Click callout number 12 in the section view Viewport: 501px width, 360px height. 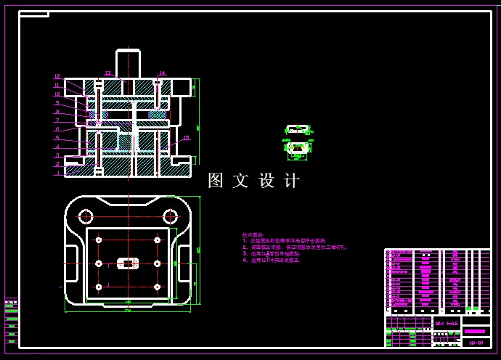(x=57, y=76)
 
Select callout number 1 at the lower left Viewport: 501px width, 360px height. (x=57, y=173)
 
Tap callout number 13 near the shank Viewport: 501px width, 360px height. (x=107, y=73)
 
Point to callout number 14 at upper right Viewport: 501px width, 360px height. (x=161, y=73)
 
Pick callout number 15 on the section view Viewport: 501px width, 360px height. (x=186, y=138)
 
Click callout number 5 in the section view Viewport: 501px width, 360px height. (x=57, y=138)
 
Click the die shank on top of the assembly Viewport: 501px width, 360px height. (x=128, y=62)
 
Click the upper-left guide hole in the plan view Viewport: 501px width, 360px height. (x=86, y=216)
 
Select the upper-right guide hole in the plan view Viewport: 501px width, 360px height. (x=171, y=216)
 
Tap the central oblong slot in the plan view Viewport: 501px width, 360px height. (x=128, y=263)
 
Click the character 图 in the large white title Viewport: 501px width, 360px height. (x=216, y=181)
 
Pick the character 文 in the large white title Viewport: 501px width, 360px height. (x=241, y=181)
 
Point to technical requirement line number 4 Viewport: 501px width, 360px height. (x=272, y=260)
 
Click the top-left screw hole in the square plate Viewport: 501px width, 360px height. (x=99, y=240)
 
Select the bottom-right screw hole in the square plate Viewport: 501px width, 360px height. (x=157, y=287)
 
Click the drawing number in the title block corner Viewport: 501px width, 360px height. (x=476, y=342)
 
